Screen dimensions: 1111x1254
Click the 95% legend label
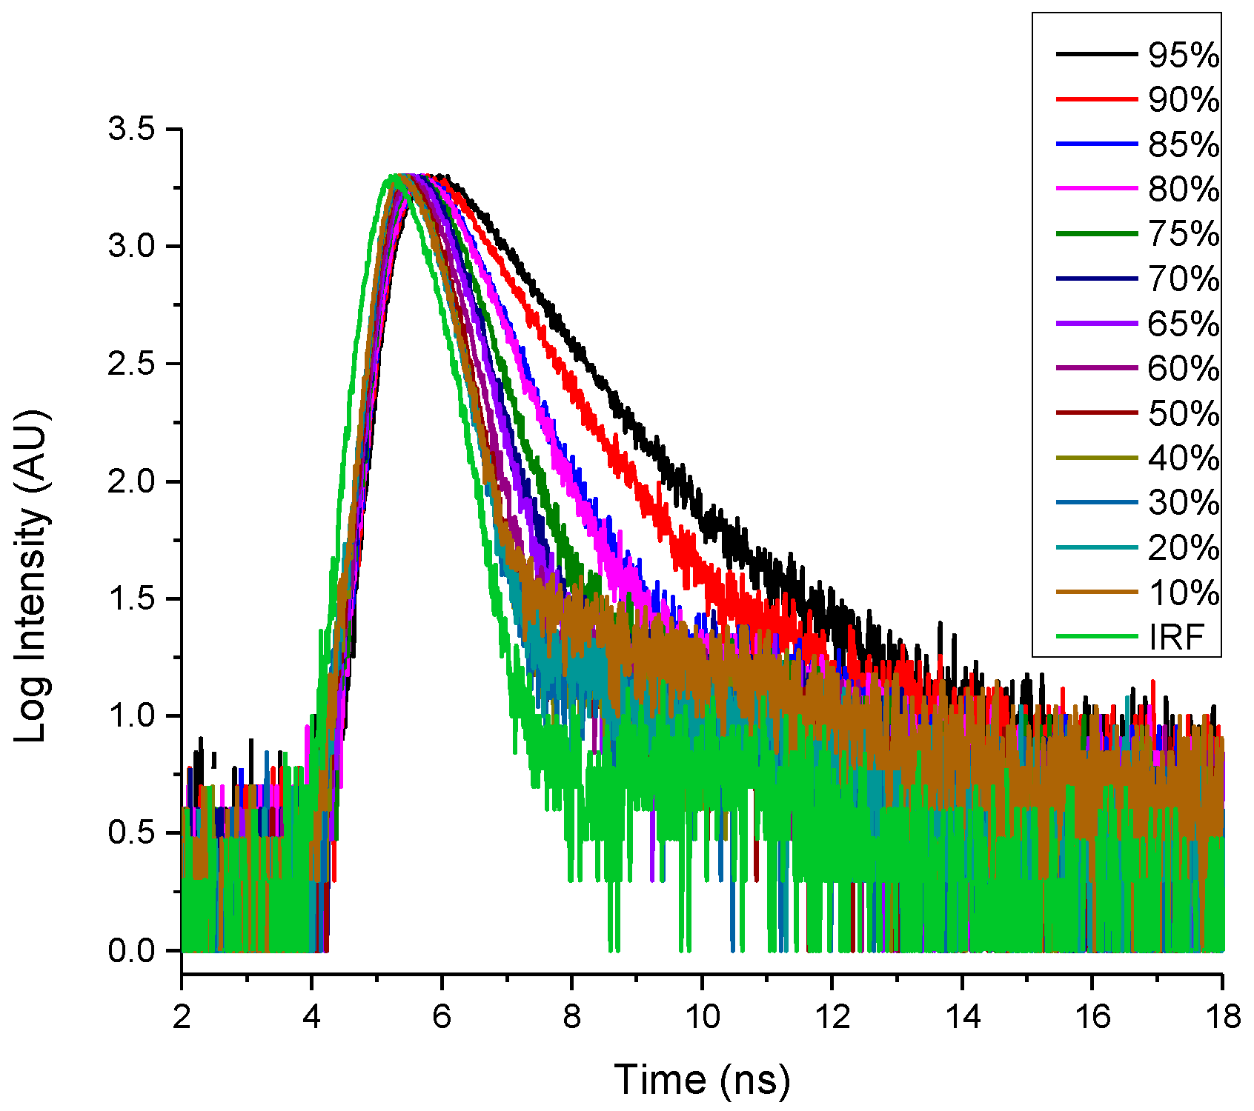pos(1184,55)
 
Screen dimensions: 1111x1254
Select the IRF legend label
pos(1177,637)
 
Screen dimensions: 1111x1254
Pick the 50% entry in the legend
pos(1184,413)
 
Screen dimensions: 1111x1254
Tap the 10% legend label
pos(1184,593)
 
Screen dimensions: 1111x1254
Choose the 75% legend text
pos(1184,234)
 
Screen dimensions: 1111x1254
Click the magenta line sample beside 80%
pos(1096,189)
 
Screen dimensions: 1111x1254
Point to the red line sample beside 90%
pos(1096,99)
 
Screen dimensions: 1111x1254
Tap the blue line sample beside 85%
pos(1096,144)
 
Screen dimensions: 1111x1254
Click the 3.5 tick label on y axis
pos(131,129)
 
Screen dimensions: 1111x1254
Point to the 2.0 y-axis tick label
pos(131,481)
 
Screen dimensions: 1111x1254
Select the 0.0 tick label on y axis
pos(131,950)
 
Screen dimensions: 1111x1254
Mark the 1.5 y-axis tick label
pos(131,598)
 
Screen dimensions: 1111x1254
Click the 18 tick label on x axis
pos(1222,1017)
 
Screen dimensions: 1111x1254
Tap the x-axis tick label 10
pos(702,1017)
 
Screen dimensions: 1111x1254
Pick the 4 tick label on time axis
pos(311,1017)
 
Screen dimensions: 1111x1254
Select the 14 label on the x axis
pos(962,1017)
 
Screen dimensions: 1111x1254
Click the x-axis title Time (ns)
pos(702,1079)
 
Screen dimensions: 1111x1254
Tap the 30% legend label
pos(1184,503)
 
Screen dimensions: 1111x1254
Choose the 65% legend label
pos(1184,324)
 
